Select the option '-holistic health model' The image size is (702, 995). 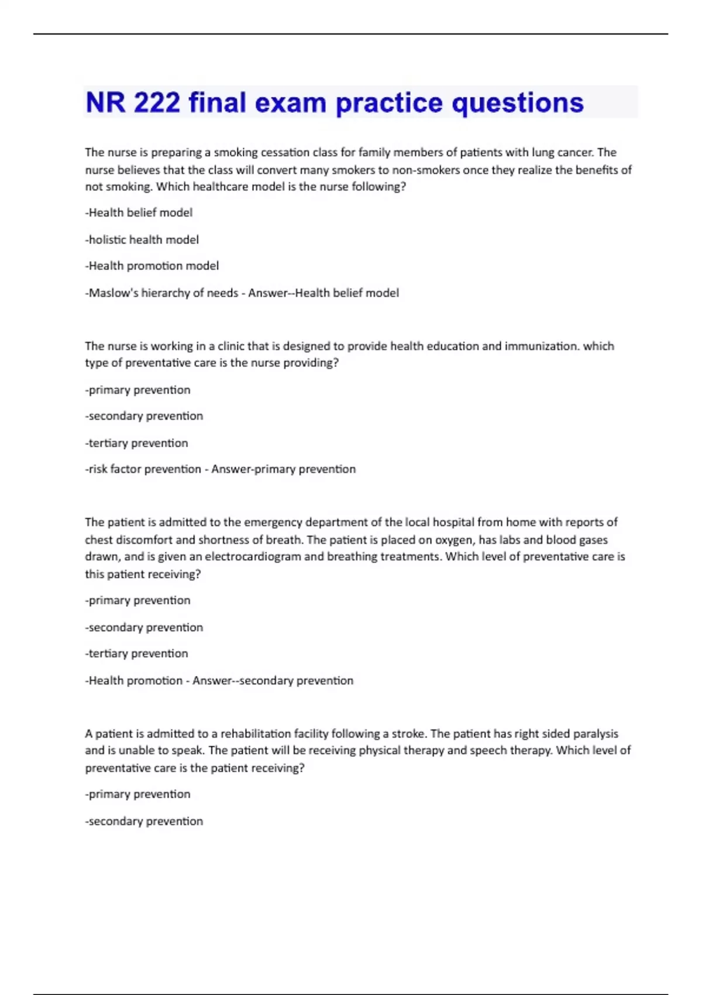tap(142, 239)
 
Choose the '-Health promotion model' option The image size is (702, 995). tap(152, 266)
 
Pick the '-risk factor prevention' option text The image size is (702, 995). tap(143, 469)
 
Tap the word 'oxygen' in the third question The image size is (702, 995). tap(453, 540)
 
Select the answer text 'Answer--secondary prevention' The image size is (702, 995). tap(273, 681)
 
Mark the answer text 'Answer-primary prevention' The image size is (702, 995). tap(283, 469)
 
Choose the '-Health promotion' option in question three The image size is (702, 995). tap(134, 681)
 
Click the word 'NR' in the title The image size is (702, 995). tap(105, 102)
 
